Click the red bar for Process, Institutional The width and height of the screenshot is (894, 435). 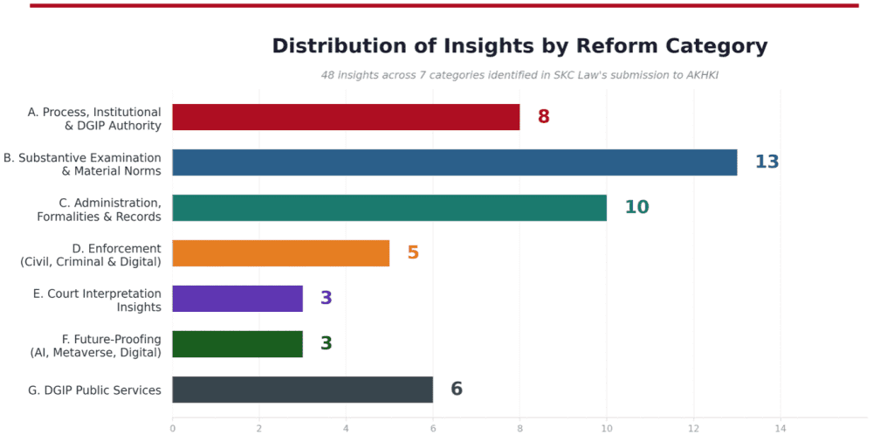tap(346, 117)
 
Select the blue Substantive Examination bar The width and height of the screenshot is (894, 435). tap(454, 162)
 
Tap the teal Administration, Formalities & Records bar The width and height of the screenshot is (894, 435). tap(389, 208)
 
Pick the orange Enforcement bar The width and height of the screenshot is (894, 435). tap(280, 253)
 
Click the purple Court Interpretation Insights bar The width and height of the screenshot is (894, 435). tap(237, 299)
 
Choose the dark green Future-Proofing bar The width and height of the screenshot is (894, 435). tap(237, 344)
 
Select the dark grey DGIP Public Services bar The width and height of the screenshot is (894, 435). tap(302, 390)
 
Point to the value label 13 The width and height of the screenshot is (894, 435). tap(767, 162)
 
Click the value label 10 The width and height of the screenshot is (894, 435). tap(636, 208)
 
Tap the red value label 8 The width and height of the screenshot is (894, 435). tap(543, 117)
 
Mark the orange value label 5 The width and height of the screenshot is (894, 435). tap(413, 253)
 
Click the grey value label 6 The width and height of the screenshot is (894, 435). tap(457, 390)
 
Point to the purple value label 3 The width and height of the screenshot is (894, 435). tap(326, 299)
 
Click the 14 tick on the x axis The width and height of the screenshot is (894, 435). tap(780, 428)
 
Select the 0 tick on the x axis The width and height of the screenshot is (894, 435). tap(172, 428)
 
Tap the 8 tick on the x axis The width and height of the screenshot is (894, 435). tap(519, 428)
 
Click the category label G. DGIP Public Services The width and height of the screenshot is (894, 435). tap(95, 390)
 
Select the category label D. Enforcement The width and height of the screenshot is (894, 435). tap(117, 249)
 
